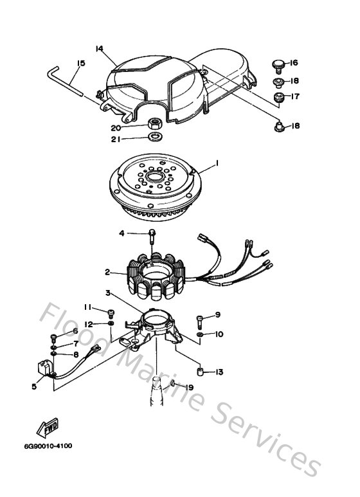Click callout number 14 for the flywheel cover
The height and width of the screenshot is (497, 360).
coord(99,49)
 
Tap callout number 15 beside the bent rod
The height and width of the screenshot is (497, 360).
coord(81,63)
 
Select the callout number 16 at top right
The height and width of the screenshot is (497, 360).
coord(293,63)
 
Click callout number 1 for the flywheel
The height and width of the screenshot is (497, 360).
coord(217,164)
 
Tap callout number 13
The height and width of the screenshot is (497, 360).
coord(219,372)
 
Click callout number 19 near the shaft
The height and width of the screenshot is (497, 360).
coord(190,387)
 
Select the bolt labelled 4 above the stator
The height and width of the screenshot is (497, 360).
coord(153,234)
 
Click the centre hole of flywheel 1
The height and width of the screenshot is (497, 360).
coord(156,176)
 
